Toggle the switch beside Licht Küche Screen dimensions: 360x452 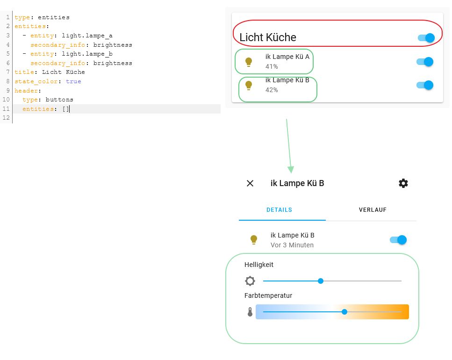[426, 38]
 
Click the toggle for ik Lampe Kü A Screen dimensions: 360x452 [425, 62]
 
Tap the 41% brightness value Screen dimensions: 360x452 [272, 67]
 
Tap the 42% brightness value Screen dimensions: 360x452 [272, 90]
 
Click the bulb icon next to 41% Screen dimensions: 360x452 [249, 62]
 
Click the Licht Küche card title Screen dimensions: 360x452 [268, 37]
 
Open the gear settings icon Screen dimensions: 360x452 [403, 183]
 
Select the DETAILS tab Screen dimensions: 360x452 [279, 210]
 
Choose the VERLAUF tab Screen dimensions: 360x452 [373, 210]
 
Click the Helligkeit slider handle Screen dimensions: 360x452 [321, 281]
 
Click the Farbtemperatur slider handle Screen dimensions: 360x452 [344, 312]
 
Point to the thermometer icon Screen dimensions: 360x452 [250, 312]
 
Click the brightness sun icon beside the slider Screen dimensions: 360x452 [250, 281]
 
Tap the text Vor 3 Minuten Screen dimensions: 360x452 [292, 245]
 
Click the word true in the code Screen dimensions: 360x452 [73, 81]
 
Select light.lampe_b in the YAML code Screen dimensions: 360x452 [87, 54]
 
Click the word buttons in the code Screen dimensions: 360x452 [59, 100]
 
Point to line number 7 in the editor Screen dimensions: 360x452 [8, 72]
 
